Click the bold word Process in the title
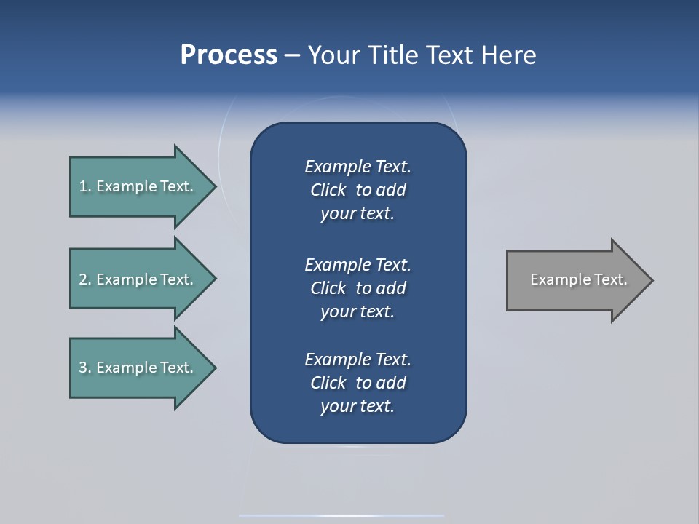[229, 55]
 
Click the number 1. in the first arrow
[85, 186]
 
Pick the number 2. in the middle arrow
[85, 279]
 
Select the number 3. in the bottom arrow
[85, 368]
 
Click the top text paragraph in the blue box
[358, 190]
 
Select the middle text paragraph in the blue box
[358, 287]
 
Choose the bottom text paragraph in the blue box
[358, 383]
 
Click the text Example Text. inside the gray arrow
[578, 279]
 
